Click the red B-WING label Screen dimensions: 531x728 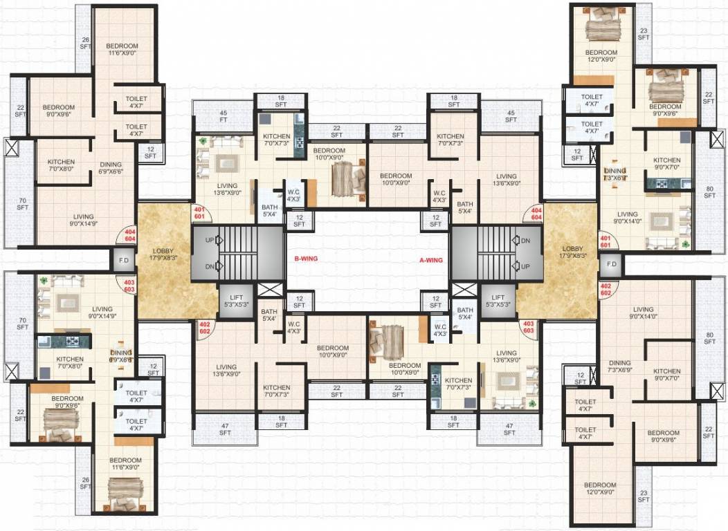click(x=305, y=259)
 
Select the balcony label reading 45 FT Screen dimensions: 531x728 click(x=223, y=115)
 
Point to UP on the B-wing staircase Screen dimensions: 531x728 click(x=210, y=241)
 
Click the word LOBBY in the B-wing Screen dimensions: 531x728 click(x=164, y=248)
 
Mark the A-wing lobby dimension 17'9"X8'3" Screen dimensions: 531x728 click(x=572, y=256)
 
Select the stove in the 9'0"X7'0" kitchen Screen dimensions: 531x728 click(x=661, y=184)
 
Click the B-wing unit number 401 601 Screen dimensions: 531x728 click(x=199, y=213)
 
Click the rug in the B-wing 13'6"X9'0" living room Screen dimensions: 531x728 click(x=225, y=165)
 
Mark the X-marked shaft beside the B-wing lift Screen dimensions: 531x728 click(x=273, y=290)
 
